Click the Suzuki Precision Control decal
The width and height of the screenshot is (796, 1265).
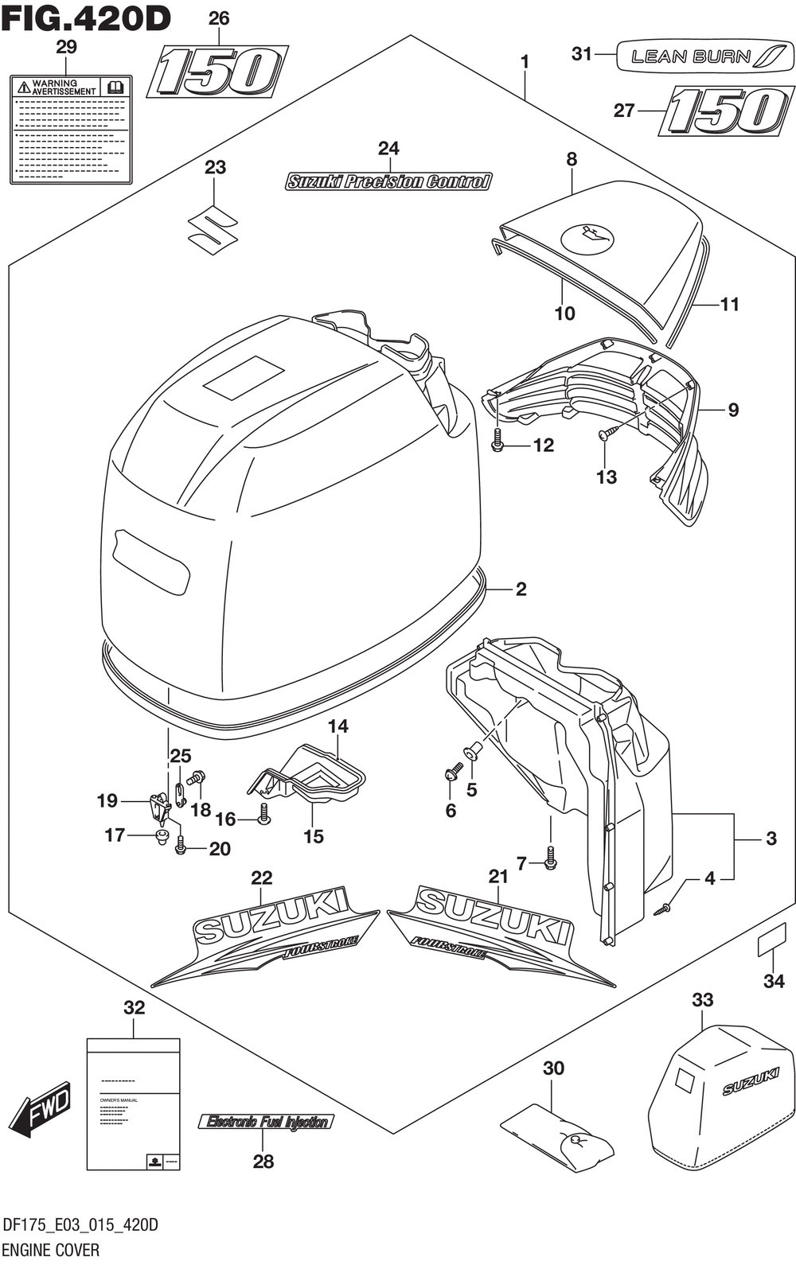point(388,182)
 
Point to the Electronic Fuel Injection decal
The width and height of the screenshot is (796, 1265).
point(266,1122)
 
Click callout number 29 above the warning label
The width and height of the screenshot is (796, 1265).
point(66,48)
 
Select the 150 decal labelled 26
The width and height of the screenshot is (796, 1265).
point(218,72)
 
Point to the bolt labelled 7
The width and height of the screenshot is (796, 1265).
point(550,859)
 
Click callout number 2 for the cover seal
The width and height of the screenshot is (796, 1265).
point(521,590)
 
